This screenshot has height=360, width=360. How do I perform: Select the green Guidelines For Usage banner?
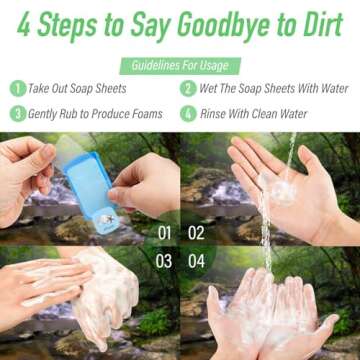(x=180, y=65)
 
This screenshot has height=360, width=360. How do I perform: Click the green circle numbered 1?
(x=16, y=88)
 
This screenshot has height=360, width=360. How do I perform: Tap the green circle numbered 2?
(x=188, y=88)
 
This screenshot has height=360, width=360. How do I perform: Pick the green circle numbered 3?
(x=16, y=113)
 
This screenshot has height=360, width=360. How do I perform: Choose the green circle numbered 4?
(x=188, y=113)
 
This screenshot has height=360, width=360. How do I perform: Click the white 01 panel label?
(x=165, y=233)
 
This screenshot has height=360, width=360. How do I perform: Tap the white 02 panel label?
(x=196, y=233)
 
